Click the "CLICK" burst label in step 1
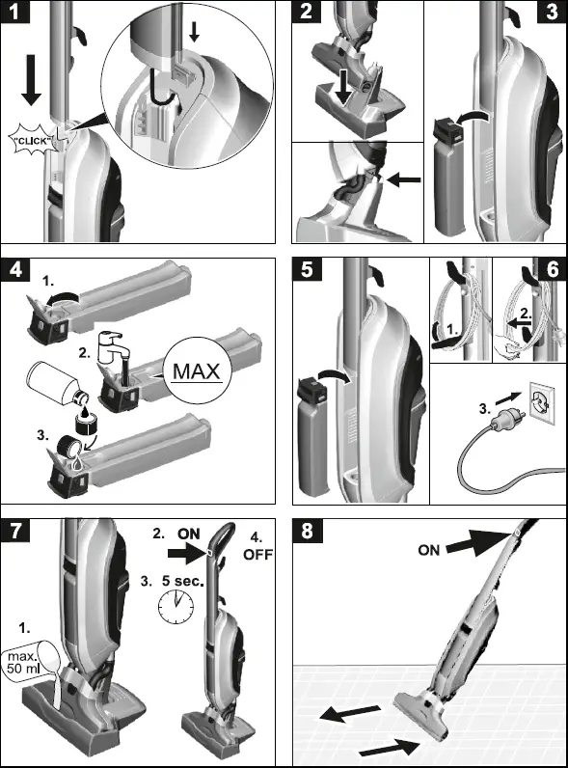pos(33,141)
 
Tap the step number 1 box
pos(15,12)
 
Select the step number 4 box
pos(15,269)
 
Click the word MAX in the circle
pos(197,371)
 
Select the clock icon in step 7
pos(176,606)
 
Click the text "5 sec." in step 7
pos(182,582)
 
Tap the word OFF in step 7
pos(257,555)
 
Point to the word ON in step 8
pos(429,550)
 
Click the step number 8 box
pos(307,531)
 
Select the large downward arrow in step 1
pos(31,80)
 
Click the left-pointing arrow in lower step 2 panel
pos(403,179)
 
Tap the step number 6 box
pos(552,269)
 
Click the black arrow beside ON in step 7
pos(187,553)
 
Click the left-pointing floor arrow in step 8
pos(350,713)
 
